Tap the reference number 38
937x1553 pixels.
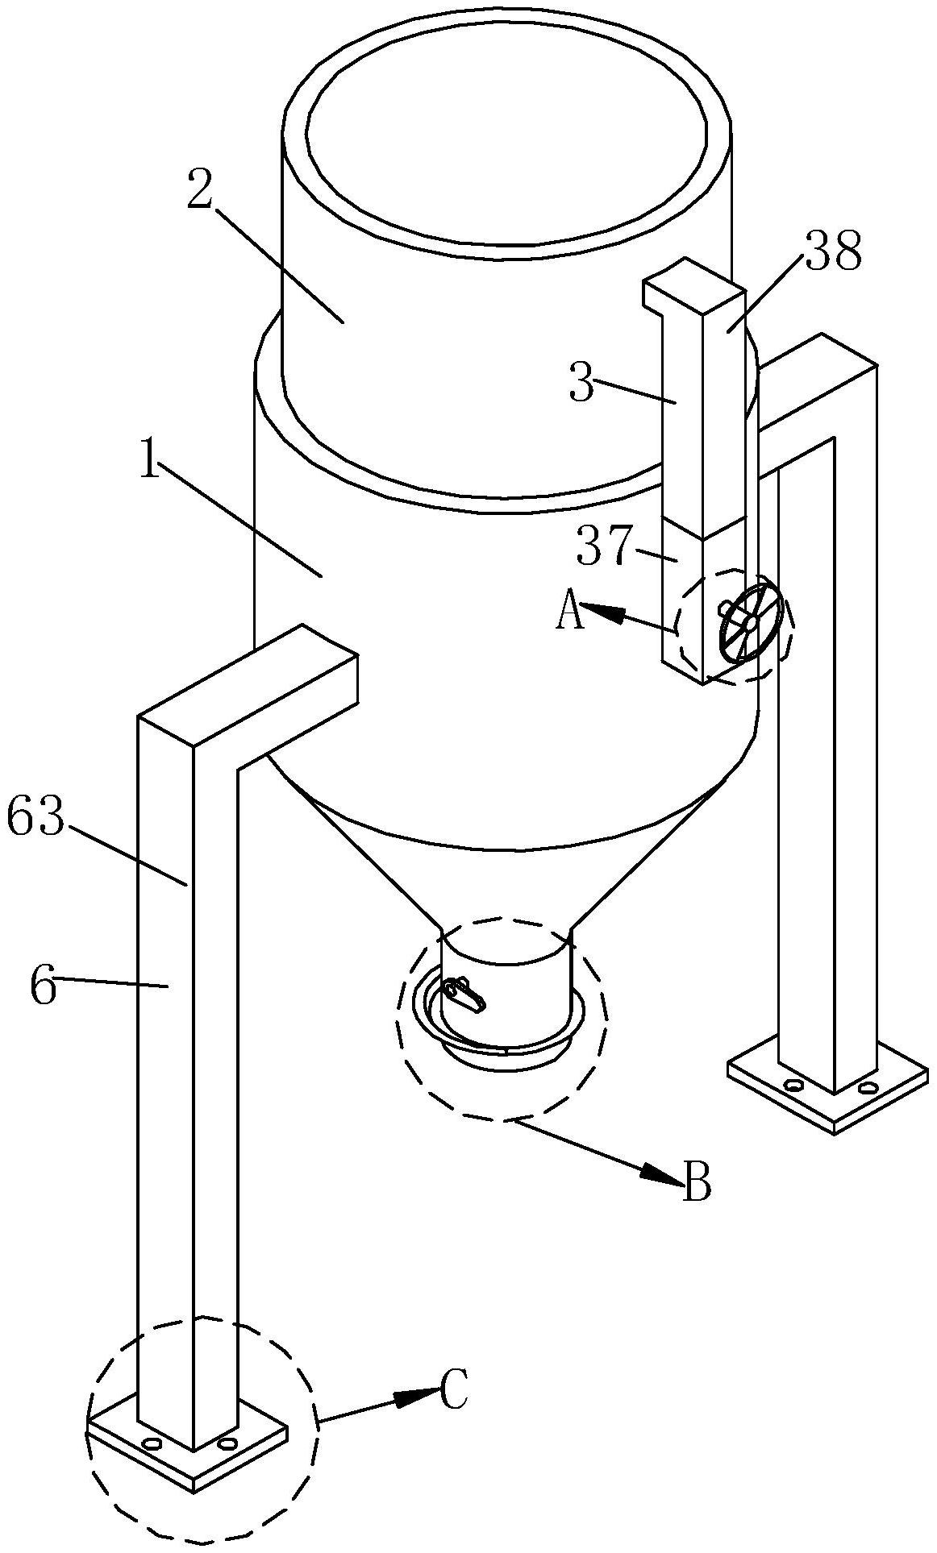833,252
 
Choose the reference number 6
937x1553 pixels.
44,987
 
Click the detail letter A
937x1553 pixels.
569,612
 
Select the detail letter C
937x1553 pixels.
454,1390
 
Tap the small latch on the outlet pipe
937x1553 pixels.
464,993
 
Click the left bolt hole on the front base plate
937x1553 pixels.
151,1442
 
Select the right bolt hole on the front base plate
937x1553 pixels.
227,1442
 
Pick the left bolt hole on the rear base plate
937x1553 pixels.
793,1086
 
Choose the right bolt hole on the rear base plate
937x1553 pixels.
868,1089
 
